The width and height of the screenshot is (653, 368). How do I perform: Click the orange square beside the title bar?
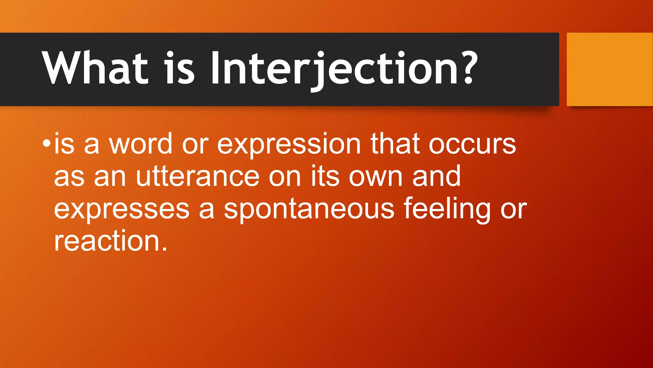point(609,69)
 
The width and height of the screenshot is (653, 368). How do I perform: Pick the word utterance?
point(197,176)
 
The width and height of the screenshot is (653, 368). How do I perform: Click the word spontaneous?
point(309,209)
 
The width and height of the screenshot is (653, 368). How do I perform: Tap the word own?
point(376,177)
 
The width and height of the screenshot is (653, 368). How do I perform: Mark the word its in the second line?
point(325,176)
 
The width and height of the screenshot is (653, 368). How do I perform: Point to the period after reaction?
point(165,249)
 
